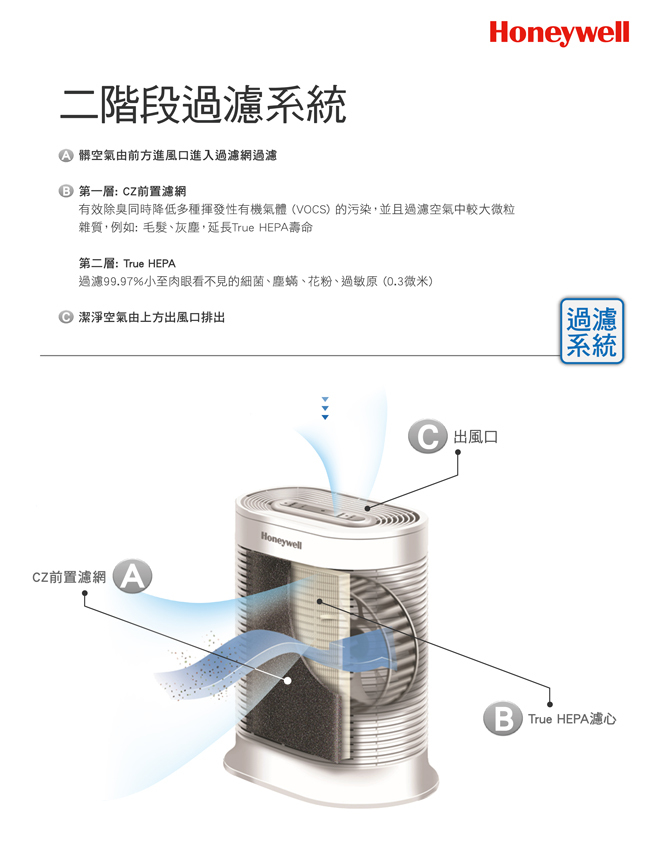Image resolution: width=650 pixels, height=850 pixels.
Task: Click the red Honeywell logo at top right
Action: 559,33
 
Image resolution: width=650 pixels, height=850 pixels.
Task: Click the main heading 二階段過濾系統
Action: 203,105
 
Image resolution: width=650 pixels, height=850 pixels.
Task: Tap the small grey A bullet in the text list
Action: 66,156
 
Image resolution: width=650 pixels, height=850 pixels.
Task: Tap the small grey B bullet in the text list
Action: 66,190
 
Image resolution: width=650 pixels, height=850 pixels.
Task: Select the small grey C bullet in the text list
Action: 66,317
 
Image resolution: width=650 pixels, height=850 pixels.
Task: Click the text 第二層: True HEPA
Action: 126,263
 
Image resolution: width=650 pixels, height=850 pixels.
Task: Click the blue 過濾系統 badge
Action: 591,331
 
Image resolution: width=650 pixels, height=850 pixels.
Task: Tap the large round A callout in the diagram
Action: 132,577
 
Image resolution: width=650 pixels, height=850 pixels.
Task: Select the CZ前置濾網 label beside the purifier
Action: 69,578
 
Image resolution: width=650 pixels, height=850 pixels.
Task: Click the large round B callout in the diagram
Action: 502,719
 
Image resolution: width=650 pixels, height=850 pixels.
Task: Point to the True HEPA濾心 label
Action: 571,719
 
